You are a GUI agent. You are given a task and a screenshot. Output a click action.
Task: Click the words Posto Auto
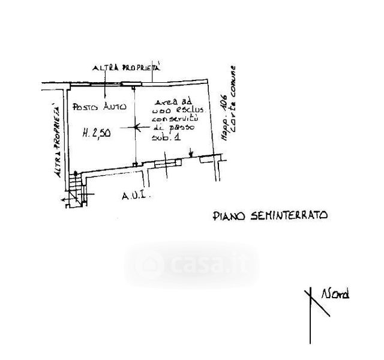click(x=99, y=107)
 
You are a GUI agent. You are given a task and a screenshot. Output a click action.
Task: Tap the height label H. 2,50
click(x=96, y=135)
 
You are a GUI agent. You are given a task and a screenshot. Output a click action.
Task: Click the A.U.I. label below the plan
click(x=134, y=196)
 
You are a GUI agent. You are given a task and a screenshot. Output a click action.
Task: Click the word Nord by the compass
click(x=335, y=294)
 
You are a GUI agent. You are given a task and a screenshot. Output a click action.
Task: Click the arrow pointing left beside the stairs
click(x=65, y=199)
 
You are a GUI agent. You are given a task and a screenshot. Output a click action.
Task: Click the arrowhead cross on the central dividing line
click(x=136, y=127)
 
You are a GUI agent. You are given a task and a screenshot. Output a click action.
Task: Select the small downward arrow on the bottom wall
click(x=190, y=155)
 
